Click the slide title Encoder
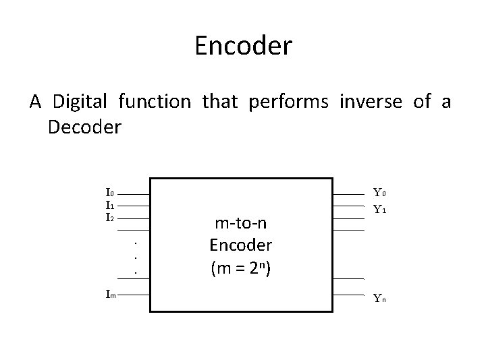point(243,47)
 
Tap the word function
point(154,102)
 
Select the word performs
point(288,102)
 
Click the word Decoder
point(84,127)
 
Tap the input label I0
point(109,193)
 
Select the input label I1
point(109,205)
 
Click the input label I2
point(109,217)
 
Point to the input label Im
point(110,294)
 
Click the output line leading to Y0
point(350,193)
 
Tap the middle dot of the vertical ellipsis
point(136,257)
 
